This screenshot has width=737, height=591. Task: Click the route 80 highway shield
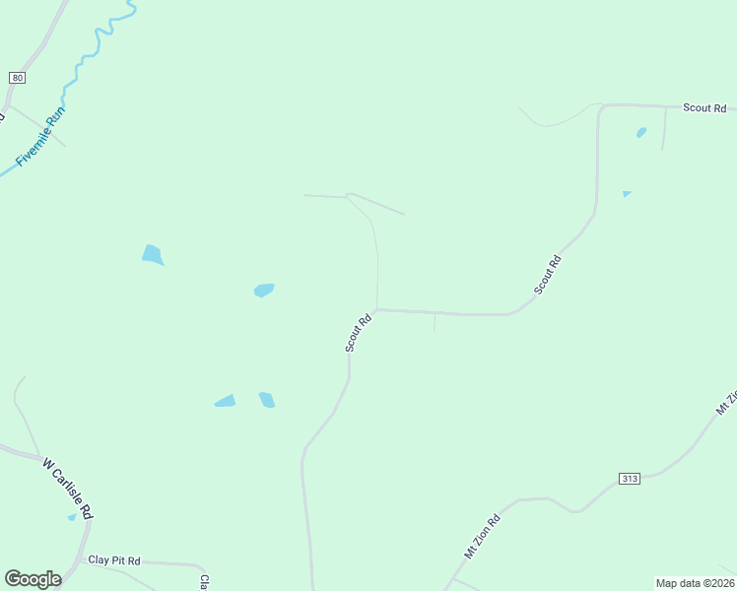[x=17, y=78]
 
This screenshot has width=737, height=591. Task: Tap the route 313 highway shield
[x=630, y=479]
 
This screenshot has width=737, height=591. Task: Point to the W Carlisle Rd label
[x=68, y=487]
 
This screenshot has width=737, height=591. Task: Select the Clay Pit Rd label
[x=114, y=560]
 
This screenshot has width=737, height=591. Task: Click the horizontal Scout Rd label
[x=705, y=107]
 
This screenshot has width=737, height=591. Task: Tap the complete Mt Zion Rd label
[x=483, y=535]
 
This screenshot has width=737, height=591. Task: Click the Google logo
[x=33, y=579]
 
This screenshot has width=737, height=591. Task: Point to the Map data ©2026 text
[x=695, y=583]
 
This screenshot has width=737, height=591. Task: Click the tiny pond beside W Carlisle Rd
[x=72, y=516]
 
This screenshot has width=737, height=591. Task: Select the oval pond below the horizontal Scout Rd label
[x=641, y=132]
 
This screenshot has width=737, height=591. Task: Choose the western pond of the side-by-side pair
[x=226, y=401]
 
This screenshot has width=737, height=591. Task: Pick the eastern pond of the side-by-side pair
[x=267, y=399]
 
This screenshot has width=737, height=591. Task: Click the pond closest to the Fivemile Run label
[x=152, y=254]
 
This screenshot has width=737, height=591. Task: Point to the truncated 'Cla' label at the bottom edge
[x=204, y=582]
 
